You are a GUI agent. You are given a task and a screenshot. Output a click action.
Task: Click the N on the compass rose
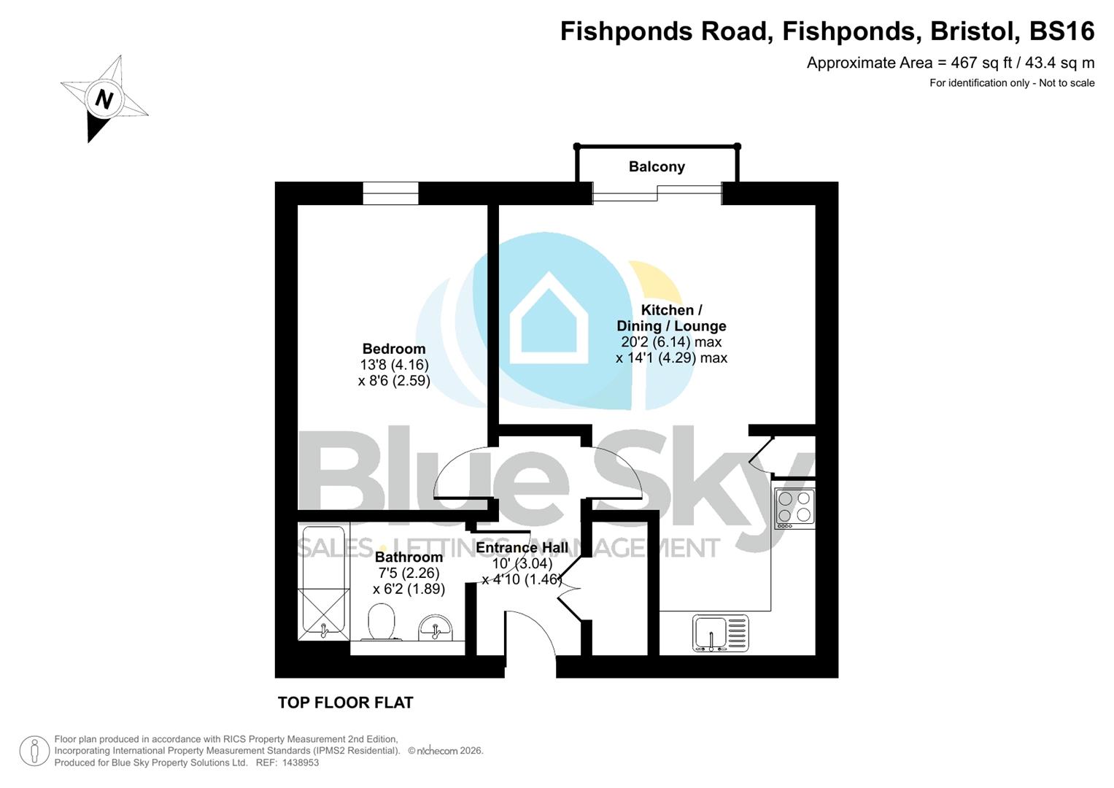104,98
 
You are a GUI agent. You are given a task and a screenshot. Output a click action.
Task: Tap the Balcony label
657,166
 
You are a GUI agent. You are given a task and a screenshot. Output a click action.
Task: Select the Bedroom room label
394,349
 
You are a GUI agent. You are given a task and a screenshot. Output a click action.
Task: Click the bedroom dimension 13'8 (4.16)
394,365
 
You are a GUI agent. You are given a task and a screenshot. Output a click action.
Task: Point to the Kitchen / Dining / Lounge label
671,318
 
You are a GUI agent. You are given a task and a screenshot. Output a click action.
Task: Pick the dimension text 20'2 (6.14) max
671,342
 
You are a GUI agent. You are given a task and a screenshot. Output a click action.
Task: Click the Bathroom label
409,557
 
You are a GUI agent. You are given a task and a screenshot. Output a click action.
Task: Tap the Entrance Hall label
522,548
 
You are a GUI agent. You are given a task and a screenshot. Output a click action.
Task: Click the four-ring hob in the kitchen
794,507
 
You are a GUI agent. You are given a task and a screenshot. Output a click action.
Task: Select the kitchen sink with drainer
720,633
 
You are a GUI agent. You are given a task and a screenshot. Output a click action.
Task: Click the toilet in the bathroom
381,622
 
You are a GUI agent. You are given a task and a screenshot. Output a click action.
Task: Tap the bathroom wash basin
436,627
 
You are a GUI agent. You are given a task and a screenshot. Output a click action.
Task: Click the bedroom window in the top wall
390,193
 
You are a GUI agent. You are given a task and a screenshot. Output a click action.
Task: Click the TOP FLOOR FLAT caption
345,703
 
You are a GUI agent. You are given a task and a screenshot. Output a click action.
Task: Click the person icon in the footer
34,751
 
